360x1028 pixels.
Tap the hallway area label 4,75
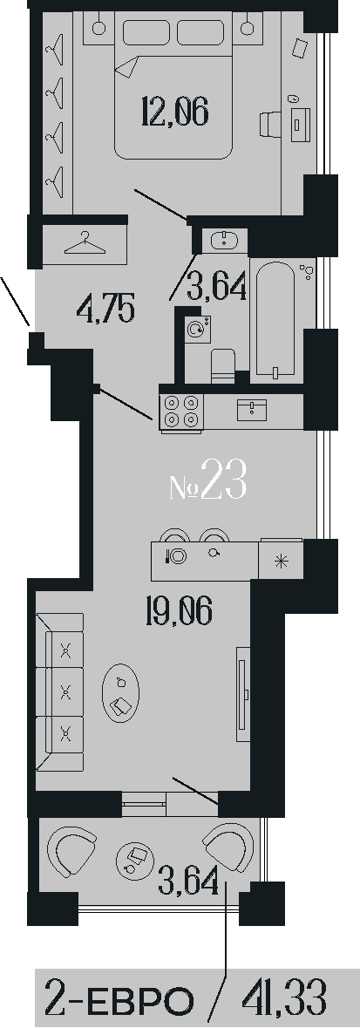(105, 308)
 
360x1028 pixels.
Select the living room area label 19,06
(179, 613)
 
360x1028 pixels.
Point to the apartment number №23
(207, 480)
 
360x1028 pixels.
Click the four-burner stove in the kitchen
(181, 412)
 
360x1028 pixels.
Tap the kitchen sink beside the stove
(253, 409)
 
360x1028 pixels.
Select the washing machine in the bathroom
(197, 330)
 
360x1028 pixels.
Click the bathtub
(275, 320)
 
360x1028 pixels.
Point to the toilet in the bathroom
(224, 364)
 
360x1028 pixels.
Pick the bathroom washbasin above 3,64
(224, 241)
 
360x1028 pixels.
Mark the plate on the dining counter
(179, 556)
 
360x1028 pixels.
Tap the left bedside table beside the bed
(98, 26)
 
